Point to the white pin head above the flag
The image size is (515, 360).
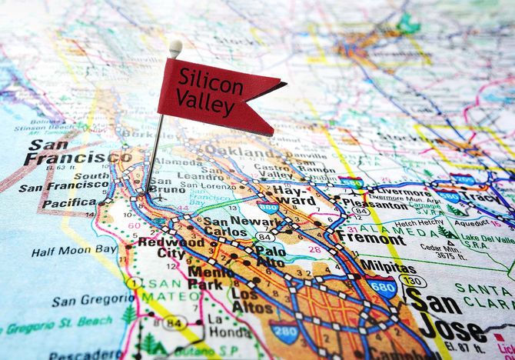coord(175,48)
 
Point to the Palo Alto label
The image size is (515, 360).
coord(270,257)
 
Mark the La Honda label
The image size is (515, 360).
coord(221,325)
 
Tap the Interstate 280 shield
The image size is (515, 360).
coord(284,332)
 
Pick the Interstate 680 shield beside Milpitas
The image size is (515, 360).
coord(381,287)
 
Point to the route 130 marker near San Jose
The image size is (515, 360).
coord(414,281)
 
